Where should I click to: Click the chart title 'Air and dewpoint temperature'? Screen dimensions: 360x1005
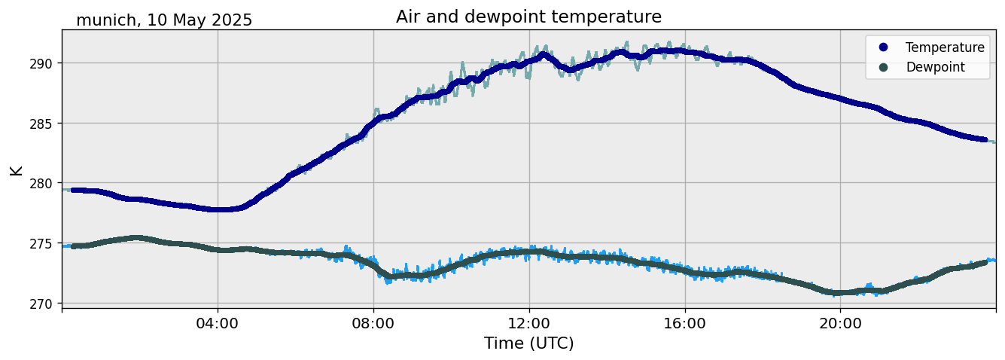528,17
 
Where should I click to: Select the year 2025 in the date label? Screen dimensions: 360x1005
230,20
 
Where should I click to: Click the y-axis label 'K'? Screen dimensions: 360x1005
16,169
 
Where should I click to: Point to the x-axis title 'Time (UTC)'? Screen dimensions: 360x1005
528,343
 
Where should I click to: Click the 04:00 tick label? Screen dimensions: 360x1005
218,322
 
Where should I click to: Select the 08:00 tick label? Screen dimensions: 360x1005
373,322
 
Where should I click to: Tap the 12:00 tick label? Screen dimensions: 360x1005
528,322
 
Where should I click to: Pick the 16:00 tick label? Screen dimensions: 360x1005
684,322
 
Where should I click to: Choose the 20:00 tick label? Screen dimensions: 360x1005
840,322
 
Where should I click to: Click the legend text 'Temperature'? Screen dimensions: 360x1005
945,47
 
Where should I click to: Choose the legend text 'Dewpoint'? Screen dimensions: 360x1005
935,67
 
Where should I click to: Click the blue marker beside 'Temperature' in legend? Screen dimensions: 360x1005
884,47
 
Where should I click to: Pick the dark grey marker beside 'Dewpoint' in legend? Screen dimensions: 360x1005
884,67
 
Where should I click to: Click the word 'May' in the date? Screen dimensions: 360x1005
187,20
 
